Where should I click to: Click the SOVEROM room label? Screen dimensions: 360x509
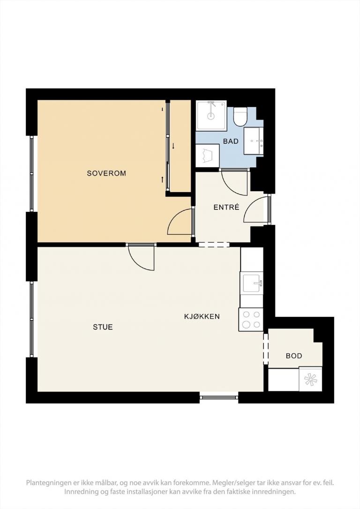(106, 173)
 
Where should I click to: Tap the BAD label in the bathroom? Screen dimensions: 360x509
(231, 141)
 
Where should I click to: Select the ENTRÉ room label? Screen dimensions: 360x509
(226, 207)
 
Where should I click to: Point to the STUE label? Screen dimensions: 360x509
(103, 327)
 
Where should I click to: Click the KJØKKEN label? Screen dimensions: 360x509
(202, 316)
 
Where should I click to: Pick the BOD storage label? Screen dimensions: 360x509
(294, 356)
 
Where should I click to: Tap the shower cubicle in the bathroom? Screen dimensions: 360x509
(211, 115)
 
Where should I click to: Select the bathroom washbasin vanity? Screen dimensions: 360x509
(254, 141)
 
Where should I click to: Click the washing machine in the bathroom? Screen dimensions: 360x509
(208, 156)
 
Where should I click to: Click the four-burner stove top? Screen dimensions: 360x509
(251, 320)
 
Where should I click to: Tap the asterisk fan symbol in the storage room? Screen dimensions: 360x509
(310, 380)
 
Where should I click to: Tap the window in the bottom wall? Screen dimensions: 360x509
(219, 397)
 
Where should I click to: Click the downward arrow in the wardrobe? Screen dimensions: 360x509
(173, 146)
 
